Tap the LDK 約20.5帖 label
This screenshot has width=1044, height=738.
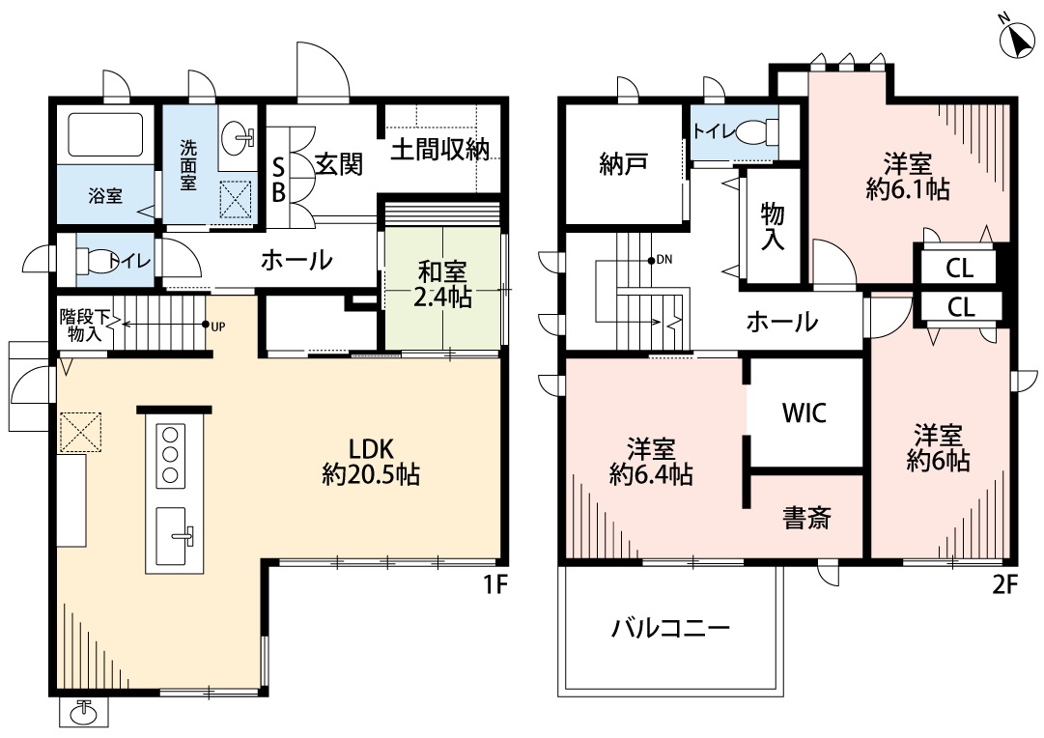click(370, 461)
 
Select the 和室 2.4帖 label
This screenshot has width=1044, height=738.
click(442, 284)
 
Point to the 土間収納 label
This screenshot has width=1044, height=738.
click(439, 150)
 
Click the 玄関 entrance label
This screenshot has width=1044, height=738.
click(338, 164)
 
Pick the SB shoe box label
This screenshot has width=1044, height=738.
click(277, 180)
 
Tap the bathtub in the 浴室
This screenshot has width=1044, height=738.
click(100, 137)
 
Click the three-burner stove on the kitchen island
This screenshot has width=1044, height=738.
click(172, 452)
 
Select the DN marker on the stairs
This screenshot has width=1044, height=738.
click(662, 260)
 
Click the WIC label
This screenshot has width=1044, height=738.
click(804, 412)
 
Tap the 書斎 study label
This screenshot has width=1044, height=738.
click(806, 519)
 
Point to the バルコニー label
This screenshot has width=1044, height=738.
click(670, 629)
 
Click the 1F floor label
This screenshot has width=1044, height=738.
click(494, 585)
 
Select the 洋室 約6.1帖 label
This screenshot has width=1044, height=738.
click(907, 175)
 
